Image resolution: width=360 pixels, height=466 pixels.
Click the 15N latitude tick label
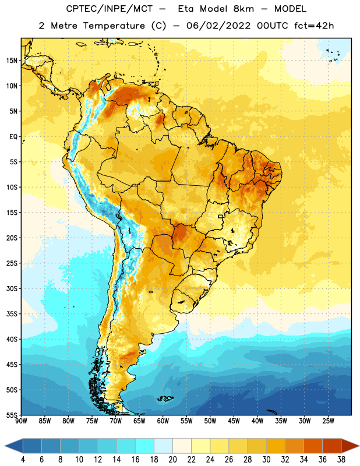pos(12,61)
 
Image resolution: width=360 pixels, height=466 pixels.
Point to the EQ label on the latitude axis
pos(13,137)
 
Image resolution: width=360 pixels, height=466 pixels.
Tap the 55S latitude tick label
pos(12,415)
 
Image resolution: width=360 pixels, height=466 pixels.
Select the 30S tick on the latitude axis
pos(12,288)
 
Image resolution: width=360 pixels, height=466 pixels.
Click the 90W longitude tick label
pos(21,421)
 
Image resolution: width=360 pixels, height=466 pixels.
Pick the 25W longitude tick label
pos(328,421)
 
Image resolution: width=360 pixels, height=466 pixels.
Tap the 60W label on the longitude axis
pos(163,421)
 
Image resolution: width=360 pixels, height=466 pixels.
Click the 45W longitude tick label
pos(234,421)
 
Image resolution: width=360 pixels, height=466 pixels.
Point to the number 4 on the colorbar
pos(23,460)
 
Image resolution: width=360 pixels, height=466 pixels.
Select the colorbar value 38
pos(341,460)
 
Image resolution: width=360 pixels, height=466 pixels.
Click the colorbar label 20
pos(172,460)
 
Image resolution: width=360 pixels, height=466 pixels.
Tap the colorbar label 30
pos(266,460)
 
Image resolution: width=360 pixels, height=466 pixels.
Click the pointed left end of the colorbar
pos(5,446)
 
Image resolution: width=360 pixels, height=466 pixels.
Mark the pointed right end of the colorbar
pos(359,446)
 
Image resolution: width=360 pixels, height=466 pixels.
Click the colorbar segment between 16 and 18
pos(145,446)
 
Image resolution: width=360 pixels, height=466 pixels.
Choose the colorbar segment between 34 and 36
pos(313,446)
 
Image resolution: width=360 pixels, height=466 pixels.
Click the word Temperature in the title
pos(114,26)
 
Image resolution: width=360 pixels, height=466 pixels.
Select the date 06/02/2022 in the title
pos(218,26)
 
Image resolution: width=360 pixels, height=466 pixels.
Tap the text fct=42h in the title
pos(314,26)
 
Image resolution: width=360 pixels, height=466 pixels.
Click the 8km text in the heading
pos(243,9)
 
